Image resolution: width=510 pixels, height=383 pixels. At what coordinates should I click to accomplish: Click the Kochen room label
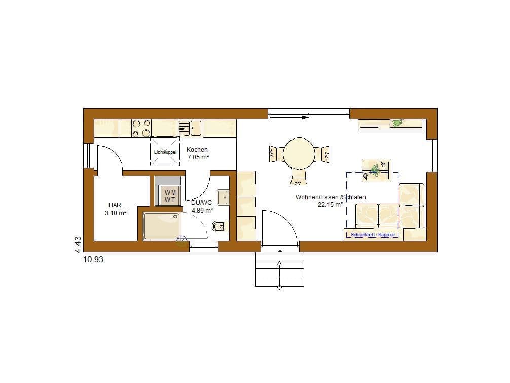pos(197,149)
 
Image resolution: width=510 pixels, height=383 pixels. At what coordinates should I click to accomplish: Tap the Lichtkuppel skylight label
pos(165,152)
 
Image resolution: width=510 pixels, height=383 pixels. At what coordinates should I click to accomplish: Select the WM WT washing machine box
pos(170,196)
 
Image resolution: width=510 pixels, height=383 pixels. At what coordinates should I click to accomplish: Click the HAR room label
pos(115,205)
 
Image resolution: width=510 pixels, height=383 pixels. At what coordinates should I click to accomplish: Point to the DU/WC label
pos(201,203)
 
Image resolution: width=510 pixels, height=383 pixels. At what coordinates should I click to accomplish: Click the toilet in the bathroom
pos(220,226)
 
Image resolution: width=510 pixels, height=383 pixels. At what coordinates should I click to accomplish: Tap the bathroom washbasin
pos(223,197)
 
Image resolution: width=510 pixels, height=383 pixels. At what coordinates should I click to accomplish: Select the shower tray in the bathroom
pos(162,226)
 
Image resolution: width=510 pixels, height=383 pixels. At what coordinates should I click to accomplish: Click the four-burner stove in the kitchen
pos(141,128)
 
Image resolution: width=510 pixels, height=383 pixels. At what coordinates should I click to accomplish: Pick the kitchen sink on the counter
pos(190,128)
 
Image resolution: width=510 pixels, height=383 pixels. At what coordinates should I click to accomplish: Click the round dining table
pos(299,154)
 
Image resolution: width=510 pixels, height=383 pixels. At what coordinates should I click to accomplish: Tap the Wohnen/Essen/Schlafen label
pos(331,197)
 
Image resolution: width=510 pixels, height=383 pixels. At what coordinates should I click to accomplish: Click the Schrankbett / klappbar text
pos(373,234)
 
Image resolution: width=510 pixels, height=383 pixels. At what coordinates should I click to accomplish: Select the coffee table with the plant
pos(376,170)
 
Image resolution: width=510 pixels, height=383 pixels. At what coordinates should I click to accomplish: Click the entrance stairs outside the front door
pos(279,269)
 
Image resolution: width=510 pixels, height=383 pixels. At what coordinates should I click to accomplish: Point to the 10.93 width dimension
pos(93,259)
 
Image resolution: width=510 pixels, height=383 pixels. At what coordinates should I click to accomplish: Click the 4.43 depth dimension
pos(78,245)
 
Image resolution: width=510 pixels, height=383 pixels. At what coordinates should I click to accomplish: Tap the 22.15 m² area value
pos(330,204)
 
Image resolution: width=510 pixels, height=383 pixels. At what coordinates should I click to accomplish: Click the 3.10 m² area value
pos(116,213)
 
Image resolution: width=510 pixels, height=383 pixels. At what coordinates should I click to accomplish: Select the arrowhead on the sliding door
pos(305,117)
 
